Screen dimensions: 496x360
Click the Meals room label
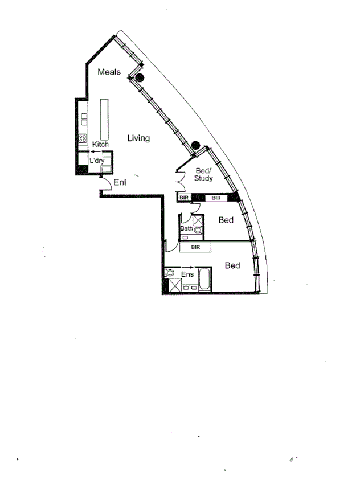(109, 72)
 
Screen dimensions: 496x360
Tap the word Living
(138, 138)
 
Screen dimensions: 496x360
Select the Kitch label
(100, 145)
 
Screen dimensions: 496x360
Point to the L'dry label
(97, 161)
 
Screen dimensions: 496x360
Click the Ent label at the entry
(120, 183)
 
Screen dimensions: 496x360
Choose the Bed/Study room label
(203, 175)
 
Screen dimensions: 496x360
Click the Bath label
(186, 229)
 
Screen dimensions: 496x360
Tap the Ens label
(187, 274)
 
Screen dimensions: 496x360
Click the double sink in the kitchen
(84, 119)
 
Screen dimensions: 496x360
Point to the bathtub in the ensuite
(204, 280)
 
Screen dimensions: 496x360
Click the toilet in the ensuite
(169, 274)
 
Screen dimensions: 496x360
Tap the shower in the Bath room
(198, 220)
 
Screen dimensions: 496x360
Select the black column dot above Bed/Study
(195, 145)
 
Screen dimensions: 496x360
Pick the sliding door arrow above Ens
(187, 267)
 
